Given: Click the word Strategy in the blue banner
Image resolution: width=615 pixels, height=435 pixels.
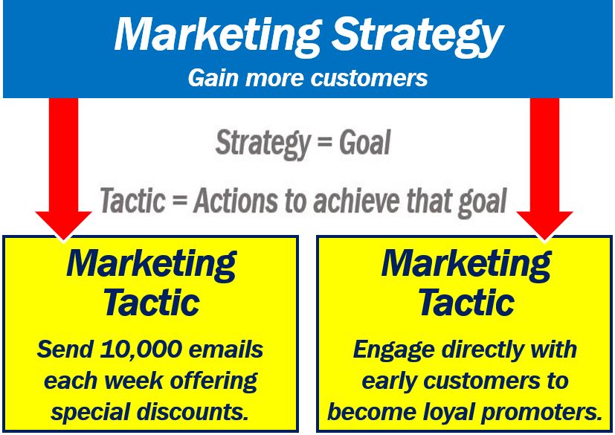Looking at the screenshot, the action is tap(417, 36).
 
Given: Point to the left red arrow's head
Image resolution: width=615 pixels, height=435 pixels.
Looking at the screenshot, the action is tap(63, 225).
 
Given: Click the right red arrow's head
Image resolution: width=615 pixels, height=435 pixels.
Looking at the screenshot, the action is tap(544, 225).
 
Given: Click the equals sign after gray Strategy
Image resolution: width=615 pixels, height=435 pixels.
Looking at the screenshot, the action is tap(324, 143).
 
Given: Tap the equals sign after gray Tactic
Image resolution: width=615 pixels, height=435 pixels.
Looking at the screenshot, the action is tap(180, 202).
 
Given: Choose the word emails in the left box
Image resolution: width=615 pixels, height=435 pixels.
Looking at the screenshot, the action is tap(226, 349).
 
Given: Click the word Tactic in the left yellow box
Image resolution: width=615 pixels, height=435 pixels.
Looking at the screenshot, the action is tap(152, 303).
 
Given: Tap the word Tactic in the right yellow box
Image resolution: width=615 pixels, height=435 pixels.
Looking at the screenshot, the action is tap(466, 303).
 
